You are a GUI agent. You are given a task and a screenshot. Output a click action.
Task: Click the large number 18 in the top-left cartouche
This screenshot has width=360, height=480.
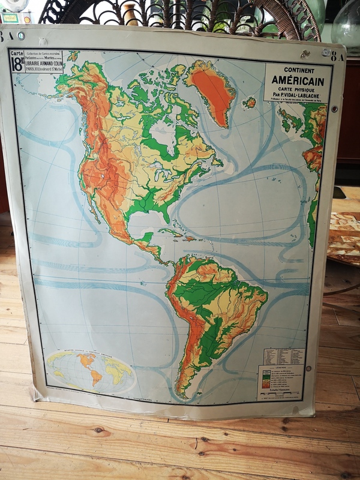pyautogui.click(x=17, y=65)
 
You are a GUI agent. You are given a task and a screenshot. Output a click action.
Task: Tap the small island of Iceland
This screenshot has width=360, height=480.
pyautogui.click(x=250, y=103)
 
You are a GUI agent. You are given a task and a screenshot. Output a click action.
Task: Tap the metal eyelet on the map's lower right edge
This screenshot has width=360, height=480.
pyautogui.click(x=308, y=368)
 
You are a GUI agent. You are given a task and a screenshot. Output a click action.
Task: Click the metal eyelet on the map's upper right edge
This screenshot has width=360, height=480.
pyautogui.click(x=334, y=109)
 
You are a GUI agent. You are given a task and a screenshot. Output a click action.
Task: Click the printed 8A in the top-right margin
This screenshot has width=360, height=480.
pyautogui.click(x=338, y=58)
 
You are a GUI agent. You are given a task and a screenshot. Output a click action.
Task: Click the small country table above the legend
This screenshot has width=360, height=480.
pyautogui.click(x=284, y=356)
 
